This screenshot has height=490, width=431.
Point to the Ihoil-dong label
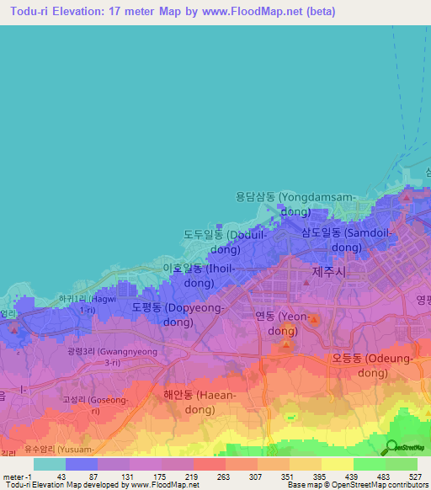pos(199,275)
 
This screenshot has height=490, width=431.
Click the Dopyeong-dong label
pos(178,315)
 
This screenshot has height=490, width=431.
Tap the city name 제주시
pos(329,273)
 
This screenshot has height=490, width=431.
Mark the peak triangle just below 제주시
pos(306,283)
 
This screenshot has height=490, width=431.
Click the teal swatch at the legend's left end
pos(49,464)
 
